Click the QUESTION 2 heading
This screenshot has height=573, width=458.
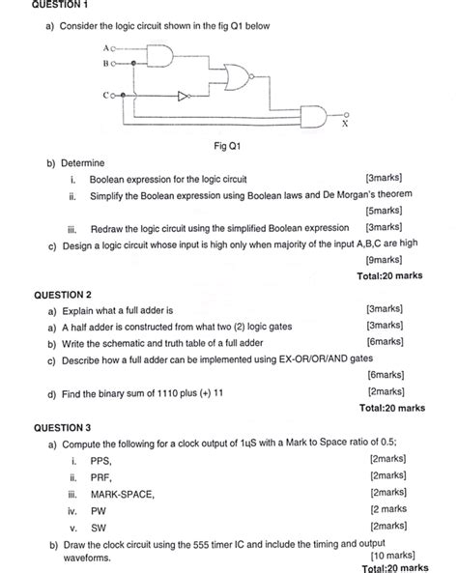(x=62, y=294)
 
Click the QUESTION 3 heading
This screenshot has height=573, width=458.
(x=62, y=426)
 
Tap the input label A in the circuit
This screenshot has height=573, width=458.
(x=103, y=47)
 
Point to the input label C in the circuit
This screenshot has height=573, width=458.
(x=103, y=96)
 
